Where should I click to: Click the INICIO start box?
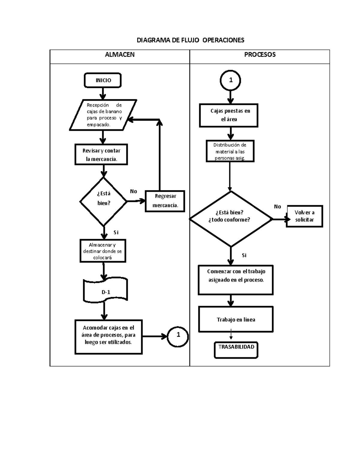coord(103,80)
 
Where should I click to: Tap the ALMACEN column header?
coord(119,55)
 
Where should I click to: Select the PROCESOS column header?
coord(260,55)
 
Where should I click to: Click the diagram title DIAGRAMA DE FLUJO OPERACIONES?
coord(190,40)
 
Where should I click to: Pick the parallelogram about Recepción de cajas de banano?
coord(103,115)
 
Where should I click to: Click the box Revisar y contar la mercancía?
coord(101,155)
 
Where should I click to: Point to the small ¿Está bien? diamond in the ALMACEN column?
coord(103,201)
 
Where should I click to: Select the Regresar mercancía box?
coord(165,201)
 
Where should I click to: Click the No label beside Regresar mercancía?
coord(133,191)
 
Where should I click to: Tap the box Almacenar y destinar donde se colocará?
coord(103,251)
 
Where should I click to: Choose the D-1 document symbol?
coord(105,291)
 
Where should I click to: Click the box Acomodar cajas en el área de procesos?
coord(108,337)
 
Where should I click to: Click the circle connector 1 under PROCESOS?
coord(230,80)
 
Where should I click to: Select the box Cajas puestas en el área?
coord(229,115)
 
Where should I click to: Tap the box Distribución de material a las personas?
coord(230,151)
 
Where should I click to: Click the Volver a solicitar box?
coord(304,216)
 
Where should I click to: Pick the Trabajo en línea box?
coord(236,319)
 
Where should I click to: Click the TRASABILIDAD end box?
coord(236,350)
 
